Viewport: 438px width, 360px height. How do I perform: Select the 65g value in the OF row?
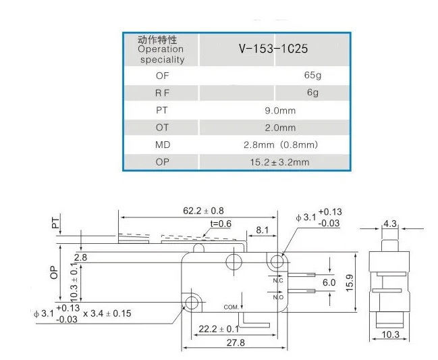pos(312,75)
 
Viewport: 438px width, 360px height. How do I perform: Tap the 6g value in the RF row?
pos(312,93)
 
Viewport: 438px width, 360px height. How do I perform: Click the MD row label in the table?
pos(162,145)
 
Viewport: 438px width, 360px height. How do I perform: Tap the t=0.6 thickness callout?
pos(221,224)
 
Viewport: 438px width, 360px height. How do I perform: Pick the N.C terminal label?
pos(277,279)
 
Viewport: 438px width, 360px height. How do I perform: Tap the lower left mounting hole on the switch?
pos(193,301)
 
